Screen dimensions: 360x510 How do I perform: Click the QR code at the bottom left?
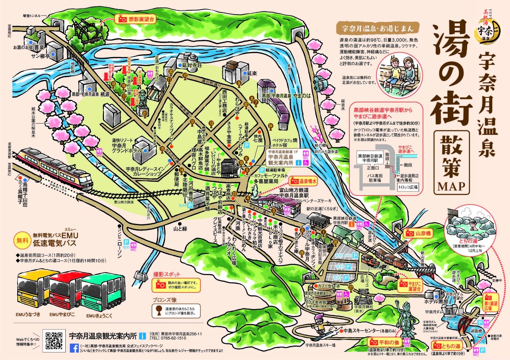pyautogui.click(x=54, y=340)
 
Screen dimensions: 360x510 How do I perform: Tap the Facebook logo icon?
pyautogui.click(x=74, y=348)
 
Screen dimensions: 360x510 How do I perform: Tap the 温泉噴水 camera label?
pyautogui.click(x=303, y=181)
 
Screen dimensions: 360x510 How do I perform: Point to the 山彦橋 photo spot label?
pyautogui.click(x=418, y=233)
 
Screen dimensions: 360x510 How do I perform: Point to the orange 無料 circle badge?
pyautogui.click(x=22, y=240)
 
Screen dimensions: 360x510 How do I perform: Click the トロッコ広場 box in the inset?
pyautogui.click(x=408, y=187)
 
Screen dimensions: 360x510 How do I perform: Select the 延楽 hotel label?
pyautogui.click(x=252, y=73)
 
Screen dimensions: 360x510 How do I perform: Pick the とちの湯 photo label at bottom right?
pyautogui.click(x=447, y=346)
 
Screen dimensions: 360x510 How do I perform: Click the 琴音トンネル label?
pyautogui.click(x=32, y=16)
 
